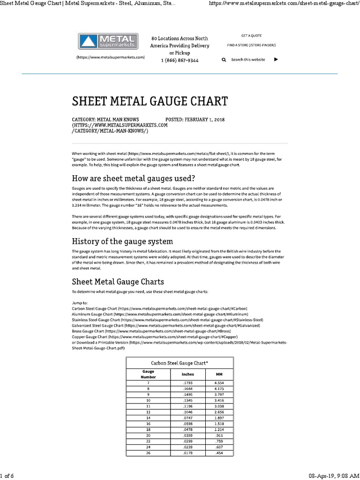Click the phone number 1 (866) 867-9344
(x=180, y=60)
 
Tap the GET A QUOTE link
(x=251, y=36)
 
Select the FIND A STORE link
(x=251, y=45)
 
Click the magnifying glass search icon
(x=224, y=60)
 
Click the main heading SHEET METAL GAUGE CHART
(x=150, y=101)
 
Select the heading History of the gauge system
(x=122, y=241)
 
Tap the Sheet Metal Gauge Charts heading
(x=118, y=282)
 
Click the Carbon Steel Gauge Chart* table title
(x=180, y=363)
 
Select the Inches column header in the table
(x=187, y=374)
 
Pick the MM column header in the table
(x=219, y=374)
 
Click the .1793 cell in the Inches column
(x=187, y=383)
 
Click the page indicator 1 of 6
(x=7, y=476)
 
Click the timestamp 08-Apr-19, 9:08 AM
(x=334, y=476)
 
